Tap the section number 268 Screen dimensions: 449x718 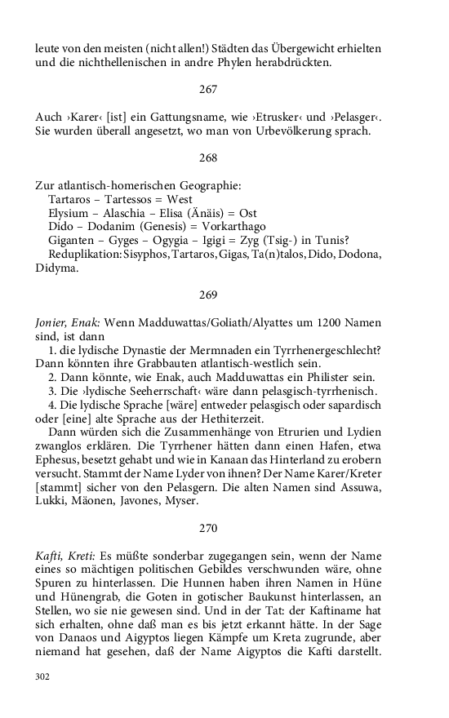click(208, 157)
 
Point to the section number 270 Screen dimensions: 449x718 click(208, 527)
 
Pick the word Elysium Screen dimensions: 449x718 click(69, 214)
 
